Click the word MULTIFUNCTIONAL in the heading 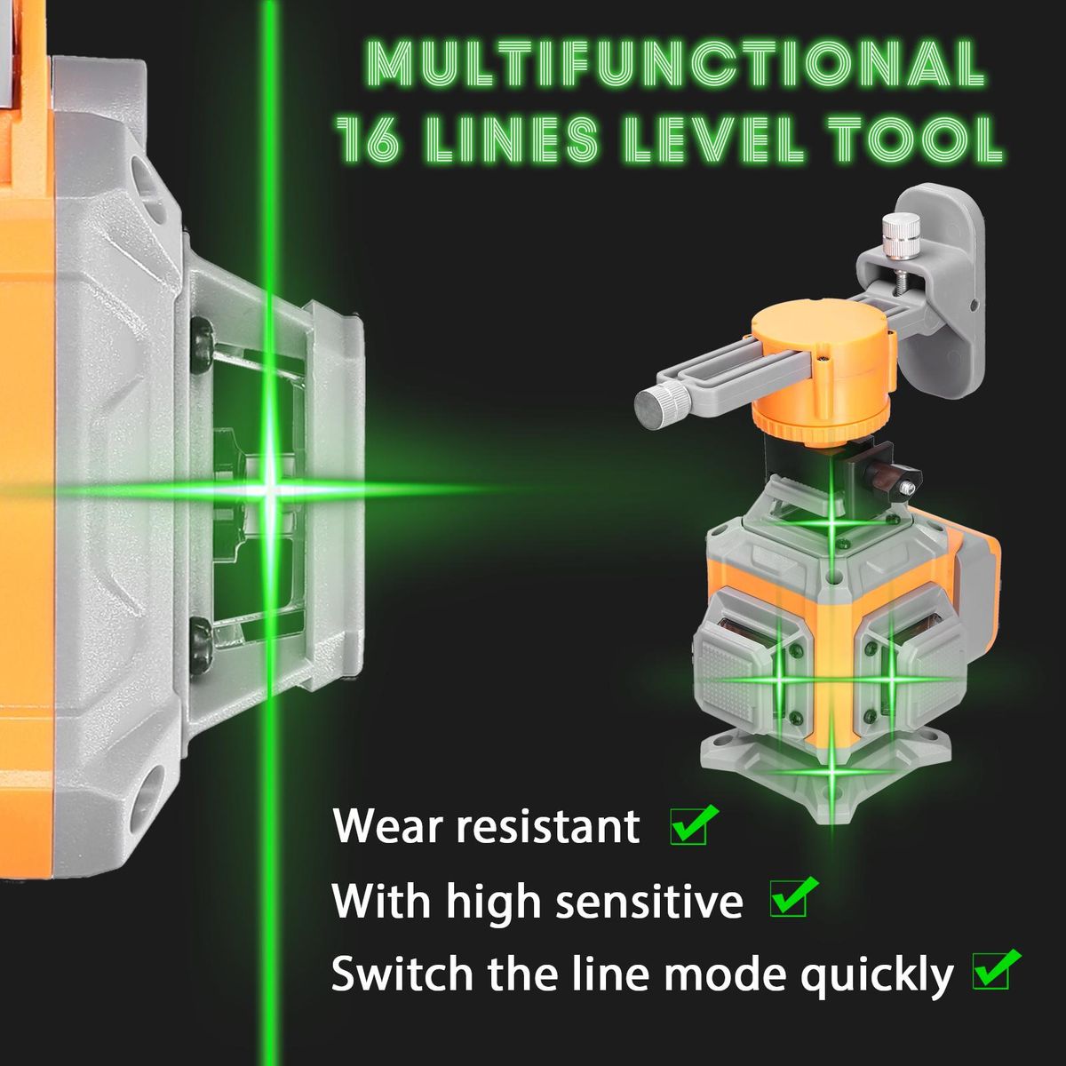coord(675,61)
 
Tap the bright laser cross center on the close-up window coord(269,489)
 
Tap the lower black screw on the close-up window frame coord(202,645)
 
